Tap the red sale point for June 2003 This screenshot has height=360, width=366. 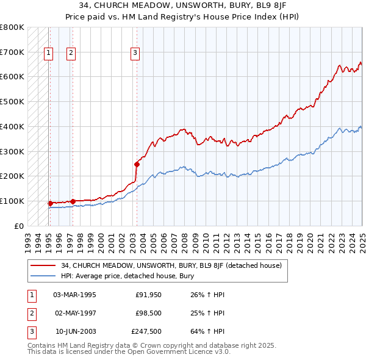coord(137,164)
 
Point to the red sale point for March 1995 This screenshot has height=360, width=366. coord(50,203)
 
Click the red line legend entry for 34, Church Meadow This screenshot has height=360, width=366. coord(171,265)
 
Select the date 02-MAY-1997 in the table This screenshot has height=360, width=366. coord(75,314)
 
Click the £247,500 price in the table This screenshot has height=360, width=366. coord(146,333)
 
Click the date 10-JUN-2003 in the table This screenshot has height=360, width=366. coord(76,333)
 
